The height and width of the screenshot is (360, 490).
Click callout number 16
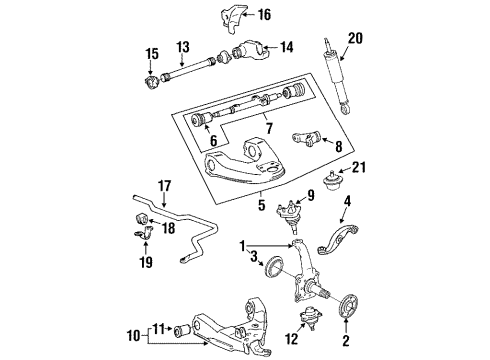pyautogui.click(x=264, y=15)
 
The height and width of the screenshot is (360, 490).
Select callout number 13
pyautogui.click(x=183, y=47)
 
